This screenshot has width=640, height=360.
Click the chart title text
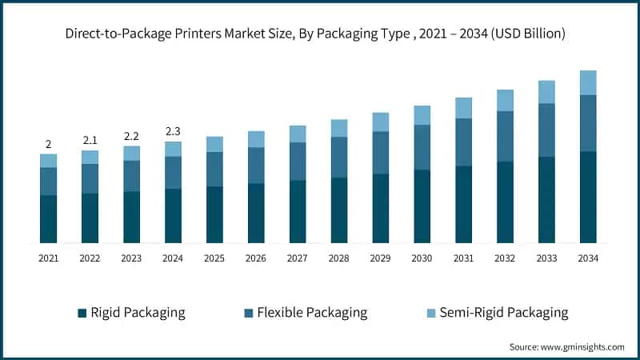pos(320,34)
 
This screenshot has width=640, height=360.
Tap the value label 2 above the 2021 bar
pos(48,144)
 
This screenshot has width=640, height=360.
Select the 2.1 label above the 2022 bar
pos(90,140)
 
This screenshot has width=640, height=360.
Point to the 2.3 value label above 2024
pos(173,131)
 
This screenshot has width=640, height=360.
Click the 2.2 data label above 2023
pos(131,136)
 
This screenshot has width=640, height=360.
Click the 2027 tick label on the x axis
pos(297,258)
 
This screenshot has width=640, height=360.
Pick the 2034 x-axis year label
pos(588,258)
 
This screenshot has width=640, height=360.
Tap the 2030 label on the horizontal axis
pos(422,258)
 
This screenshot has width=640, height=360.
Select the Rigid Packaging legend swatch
pos(82,313)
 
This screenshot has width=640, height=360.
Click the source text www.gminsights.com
pos(566,346)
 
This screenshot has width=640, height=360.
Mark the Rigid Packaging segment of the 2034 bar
pos(588,197)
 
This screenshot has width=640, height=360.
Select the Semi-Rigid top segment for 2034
pos(588,82)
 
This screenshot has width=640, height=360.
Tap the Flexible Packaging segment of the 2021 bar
pos(48,181)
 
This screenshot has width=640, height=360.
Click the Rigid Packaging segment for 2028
pos(338,210)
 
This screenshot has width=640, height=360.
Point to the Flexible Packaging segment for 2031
pos(463,142)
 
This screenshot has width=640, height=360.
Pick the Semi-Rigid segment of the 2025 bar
pos(214,144)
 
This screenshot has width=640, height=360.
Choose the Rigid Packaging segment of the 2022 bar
pos(90,218)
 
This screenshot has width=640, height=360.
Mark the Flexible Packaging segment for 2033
pos(546,130)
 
